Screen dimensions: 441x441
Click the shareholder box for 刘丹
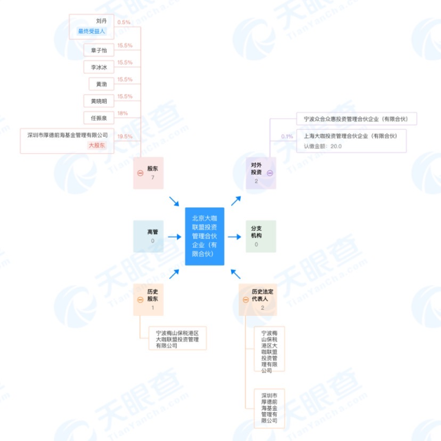click(x=92, y=27)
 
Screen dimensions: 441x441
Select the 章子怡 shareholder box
click(x=99, y=50)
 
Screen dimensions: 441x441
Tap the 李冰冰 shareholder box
click(x=99, y=67)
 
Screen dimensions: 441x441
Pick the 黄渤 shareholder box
click(x=101, y=84)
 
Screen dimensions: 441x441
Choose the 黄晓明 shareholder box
click(x=99, y=101)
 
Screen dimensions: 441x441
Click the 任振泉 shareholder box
click(x=99, y=118)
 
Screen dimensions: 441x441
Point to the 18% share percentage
click(x=122, y=113)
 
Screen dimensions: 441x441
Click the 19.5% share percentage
click(x=125, y=137)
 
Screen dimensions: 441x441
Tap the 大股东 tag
click(x=97, y=145)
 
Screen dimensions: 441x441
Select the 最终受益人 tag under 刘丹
click(x=92, y=31)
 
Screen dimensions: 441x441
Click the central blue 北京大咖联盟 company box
click(x=204, y=236)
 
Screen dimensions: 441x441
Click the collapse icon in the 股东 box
click(x=140, y=173)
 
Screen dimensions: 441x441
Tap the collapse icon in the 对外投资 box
click(x=270, y=173)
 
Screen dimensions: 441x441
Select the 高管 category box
click(x=149, y=236)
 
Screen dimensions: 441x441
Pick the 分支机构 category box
click(x=261, y=236)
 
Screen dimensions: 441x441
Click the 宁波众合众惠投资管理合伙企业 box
click(x=356, y=119)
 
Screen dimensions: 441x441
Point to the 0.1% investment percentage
click(x=287, y=137)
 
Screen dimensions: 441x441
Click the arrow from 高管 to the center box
click(x=175, y=237)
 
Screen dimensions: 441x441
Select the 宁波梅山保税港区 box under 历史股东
click(x=178, y=339)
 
